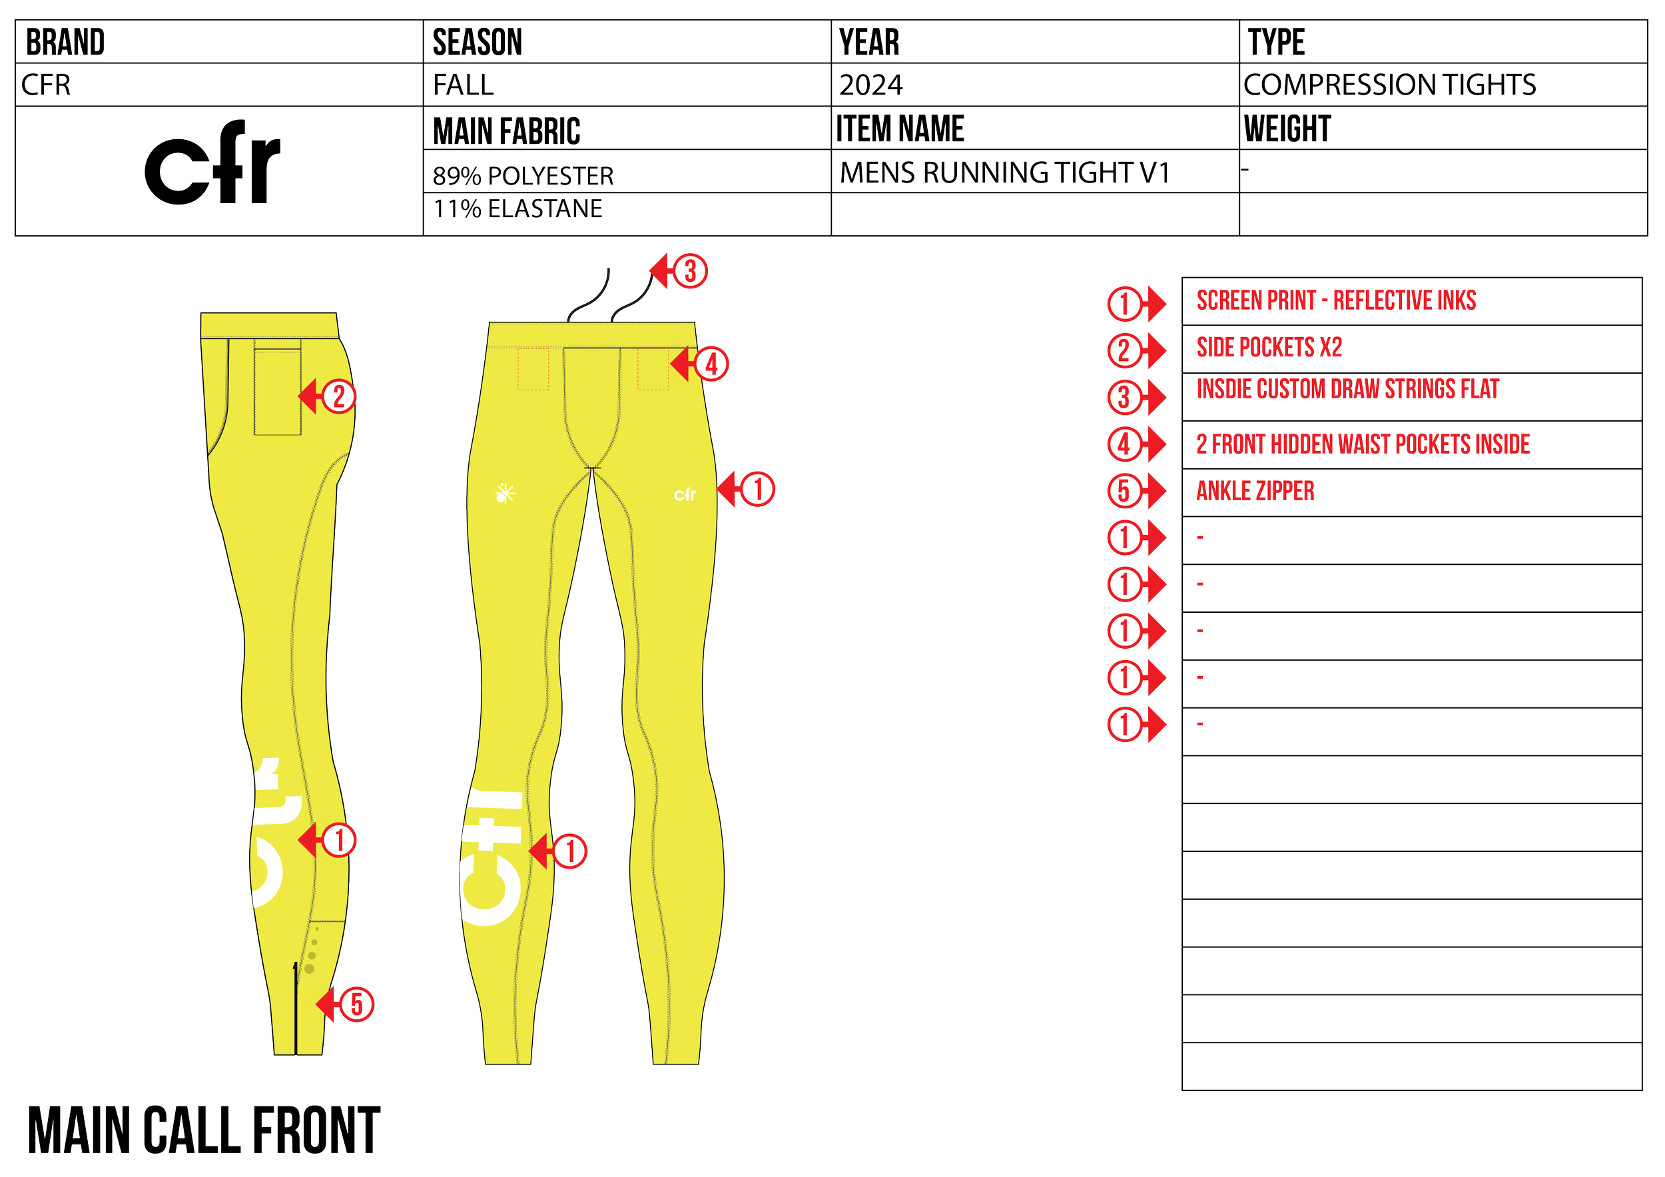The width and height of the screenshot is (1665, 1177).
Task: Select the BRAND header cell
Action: [65, 42]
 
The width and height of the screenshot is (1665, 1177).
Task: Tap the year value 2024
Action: [871, 85]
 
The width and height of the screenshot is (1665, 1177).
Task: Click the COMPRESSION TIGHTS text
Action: [1389, 85]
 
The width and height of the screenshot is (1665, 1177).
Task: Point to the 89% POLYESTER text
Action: [523, 175]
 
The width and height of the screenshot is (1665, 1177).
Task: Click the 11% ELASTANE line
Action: [517, 210]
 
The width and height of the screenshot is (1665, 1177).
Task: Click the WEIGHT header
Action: [1287, 129]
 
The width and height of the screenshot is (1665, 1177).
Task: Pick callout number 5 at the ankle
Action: [356, 1004]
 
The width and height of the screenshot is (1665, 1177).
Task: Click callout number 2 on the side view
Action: [338, 397]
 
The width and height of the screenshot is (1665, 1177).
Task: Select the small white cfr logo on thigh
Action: [685, 495]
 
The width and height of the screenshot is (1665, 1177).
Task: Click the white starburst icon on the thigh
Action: [505, 494]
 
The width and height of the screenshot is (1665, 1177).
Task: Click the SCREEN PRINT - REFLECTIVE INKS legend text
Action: [1336, 300]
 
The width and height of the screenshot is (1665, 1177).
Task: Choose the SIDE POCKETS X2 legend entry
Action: [1269, 347]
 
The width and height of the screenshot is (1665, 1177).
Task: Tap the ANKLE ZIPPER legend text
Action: [1255, 491]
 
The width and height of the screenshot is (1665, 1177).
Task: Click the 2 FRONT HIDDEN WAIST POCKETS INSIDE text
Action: [1363, 443]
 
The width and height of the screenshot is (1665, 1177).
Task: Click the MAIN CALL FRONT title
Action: [204, 1129]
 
